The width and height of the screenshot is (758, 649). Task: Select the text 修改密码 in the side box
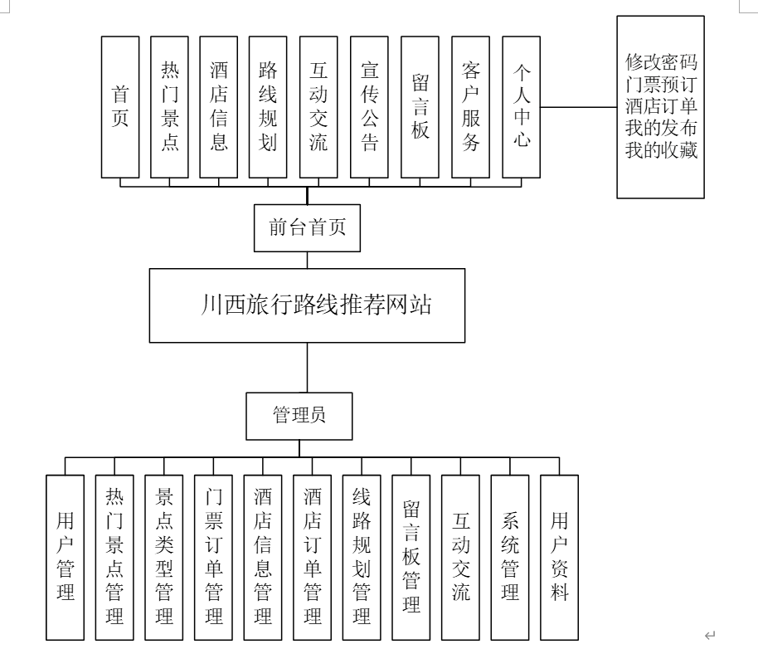tap(662, 62)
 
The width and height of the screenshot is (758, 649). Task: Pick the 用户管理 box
tap(66, 556)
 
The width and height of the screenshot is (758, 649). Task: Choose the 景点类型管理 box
tap(164, 556)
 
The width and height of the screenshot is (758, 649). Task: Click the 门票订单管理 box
tap(214, 556)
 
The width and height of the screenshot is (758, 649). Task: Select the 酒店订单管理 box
tap(313, 556)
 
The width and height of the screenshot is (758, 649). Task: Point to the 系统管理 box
tap(510, 556)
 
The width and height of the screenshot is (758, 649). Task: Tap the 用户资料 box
tap(560, 556)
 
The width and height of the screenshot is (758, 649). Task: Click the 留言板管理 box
tap(411, 556)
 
